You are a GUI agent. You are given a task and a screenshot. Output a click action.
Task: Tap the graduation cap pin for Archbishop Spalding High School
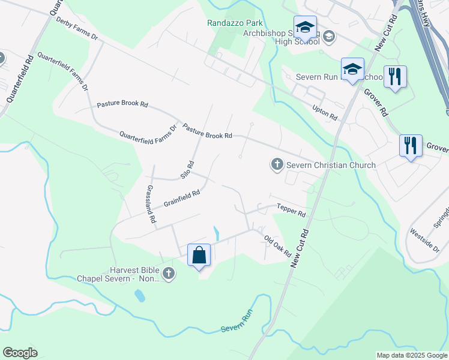[x=306, y=28]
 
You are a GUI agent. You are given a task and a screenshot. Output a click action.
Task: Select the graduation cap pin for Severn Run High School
[x=352, y=70]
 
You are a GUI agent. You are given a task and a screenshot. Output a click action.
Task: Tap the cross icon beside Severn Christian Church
[x=277, y=164]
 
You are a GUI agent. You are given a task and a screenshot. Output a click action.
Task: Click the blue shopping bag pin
[x=199, y=256]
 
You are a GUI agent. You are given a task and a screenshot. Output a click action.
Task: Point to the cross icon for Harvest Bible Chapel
[x=169, y=274]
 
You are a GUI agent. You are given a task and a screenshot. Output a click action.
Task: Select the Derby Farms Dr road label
[x=76, y=28]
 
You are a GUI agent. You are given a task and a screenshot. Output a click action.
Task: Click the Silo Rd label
[x=188, y=170]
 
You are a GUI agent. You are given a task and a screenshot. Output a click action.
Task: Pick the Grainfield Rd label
[x=181, y=199]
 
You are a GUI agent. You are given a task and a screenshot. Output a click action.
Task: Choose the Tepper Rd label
[x=291, y=211]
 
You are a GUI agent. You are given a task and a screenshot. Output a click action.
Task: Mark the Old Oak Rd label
[x=277, y=246]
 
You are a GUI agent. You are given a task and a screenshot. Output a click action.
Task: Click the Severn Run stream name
[x=235, y=323]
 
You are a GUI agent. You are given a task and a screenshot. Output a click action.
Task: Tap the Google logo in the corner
[x=20, y=353]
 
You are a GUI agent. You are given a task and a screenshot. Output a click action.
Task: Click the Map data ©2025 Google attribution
[x=411, y=355]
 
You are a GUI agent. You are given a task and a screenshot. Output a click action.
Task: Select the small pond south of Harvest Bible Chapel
[x=139, y=296]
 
